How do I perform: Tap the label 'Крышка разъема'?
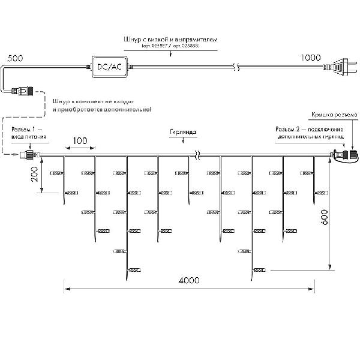334,114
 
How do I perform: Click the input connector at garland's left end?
26,155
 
